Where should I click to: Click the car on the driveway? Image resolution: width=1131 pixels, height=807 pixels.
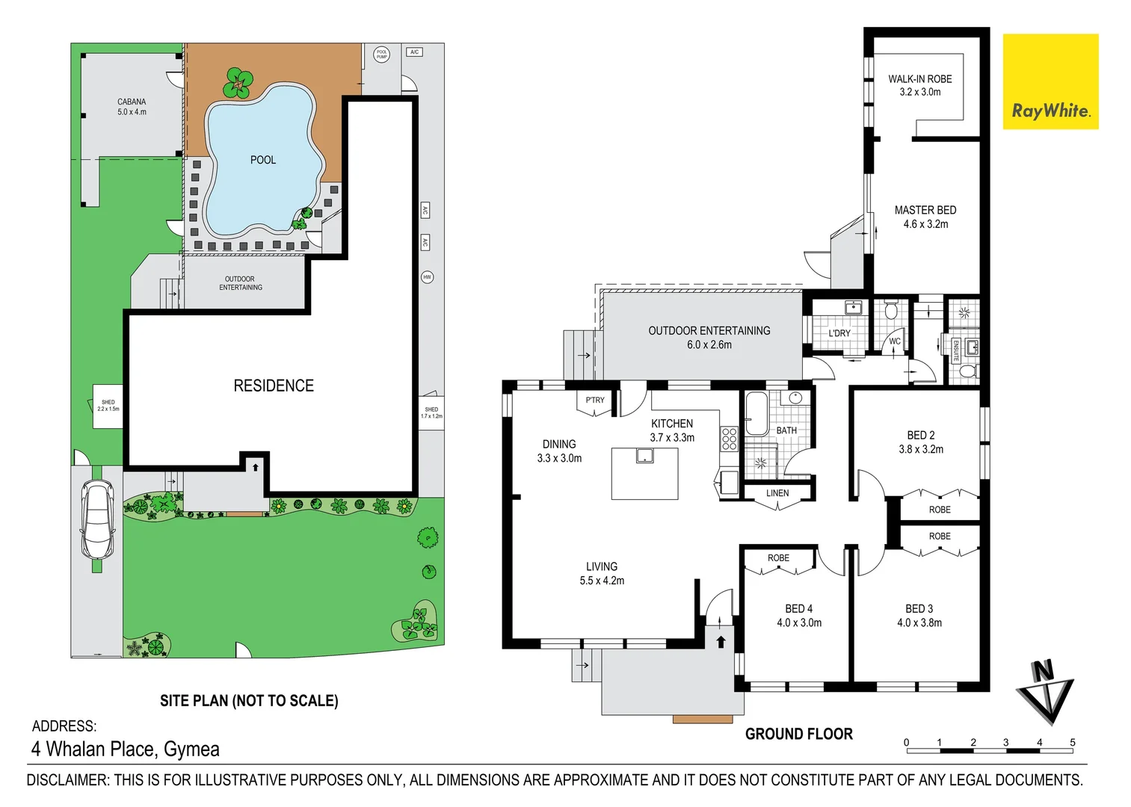97,519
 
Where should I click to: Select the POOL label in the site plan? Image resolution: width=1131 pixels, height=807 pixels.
262,160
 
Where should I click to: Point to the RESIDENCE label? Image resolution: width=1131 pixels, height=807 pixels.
274,386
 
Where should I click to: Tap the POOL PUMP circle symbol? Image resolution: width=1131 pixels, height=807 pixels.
382,55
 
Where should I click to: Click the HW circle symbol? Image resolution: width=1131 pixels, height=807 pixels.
427,276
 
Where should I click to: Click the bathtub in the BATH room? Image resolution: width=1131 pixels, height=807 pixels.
755,414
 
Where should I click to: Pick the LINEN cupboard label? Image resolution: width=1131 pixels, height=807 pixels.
777,493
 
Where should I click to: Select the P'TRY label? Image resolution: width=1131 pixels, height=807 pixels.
595,401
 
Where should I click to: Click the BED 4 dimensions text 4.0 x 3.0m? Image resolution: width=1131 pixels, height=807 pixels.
798,622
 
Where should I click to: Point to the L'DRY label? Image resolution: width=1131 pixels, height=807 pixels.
839,333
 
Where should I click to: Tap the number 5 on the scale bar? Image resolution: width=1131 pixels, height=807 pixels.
1072,742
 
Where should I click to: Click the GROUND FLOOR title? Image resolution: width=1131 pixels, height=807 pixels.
798,734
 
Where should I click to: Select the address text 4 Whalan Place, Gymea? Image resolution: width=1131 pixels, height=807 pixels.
126,749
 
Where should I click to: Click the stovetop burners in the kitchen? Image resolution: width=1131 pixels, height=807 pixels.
729,439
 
